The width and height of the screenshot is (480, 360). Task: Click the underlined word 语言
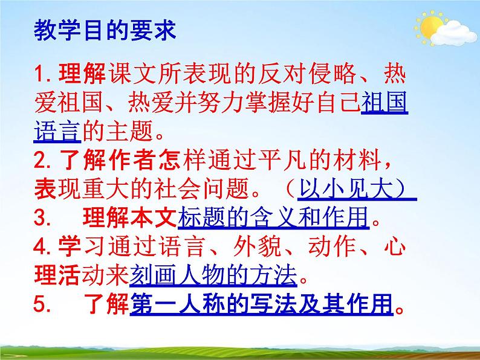56,130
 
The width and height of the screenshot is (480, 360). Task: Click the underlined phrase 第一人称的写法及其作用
261,304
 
